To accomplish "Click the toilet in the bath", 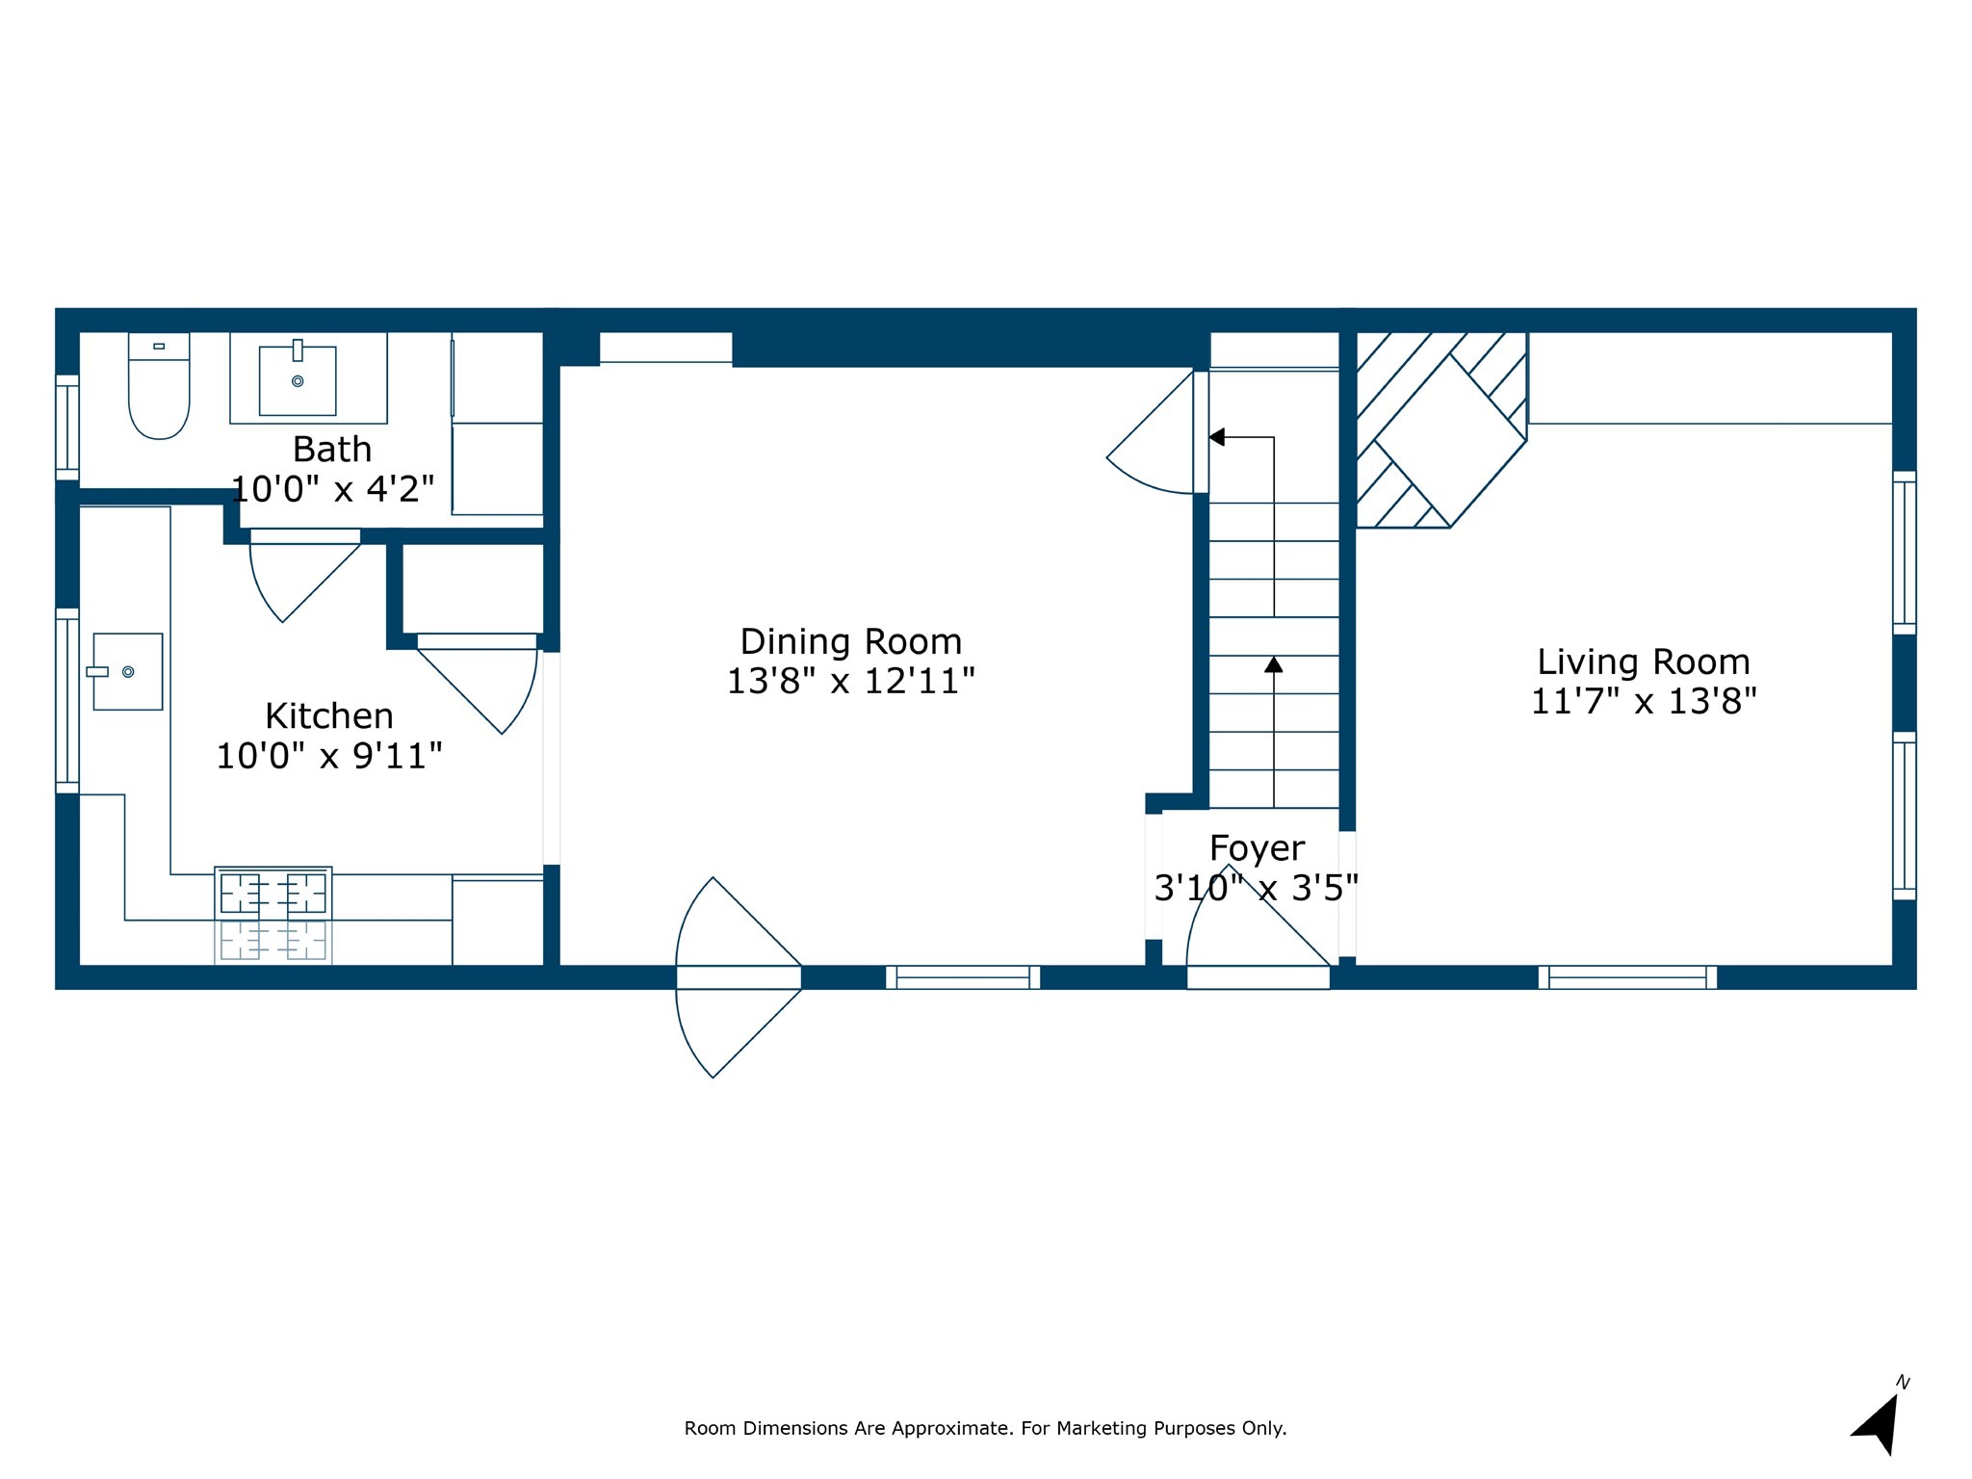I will coord(159,390).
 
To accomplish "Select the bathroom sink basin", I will coord(298,380).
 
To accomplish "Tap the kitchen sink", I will coord(128,671).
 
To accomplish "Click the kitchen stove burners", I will coord(273,894).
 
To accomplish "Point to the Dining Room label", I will coord(850,641).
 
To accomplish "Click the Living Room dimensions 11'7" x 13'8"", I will coord(1643,702).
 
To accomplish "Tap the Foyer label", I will coord(1257,848).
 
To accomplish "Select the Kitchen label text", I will coord(329,716).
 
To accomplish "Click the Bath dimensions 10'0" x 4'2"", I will coord(332,489).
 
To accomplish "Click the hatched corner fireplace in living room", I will coord(1440,430).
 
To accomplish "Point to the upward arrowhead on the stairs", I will coord(1274,664).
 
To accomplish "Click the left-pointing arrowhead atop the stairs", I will coord(1217,437).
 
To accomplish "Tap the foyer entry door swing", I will coord(1252,924).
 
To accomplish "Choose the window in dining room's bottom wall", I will coord(963,977).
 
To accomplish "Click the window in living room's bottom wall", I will coord(1627,977).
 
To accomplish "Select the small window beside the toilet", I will coord(67,427).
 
